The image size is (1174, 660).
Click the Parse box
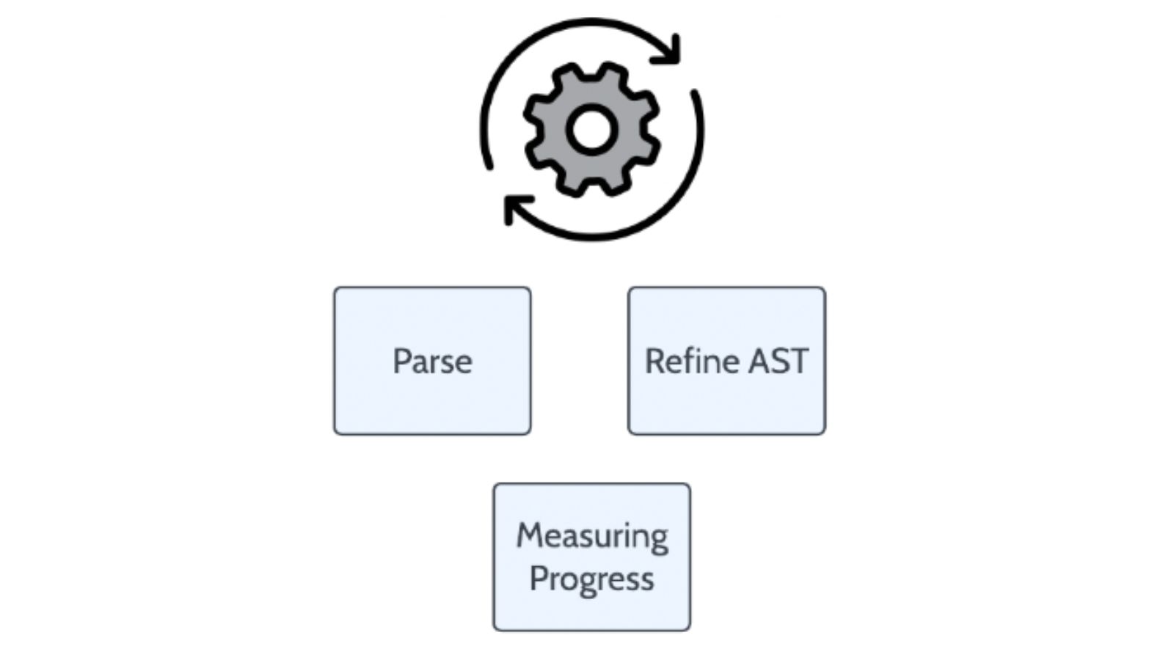432,361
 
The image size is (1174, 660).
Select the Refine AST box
727,361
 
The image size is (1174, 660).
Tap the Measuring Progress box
591,557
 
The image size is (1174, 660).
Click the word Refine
692,361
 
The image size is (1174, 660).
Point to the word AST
779,361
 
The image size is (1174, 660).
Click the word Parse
432,362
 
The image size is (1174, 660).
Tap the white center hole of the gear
591,130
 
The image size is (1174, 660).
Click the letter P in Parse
401,362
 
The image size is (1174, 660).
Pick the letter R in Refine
655,362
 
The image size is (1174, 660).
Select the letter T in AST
797,362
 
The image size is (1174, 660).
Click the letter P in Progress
539,579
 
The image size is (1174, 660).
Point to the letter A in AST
759,362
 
